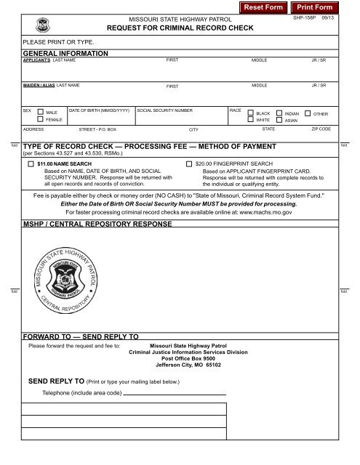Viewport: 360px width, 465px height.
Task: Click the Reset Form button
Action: (263, 7)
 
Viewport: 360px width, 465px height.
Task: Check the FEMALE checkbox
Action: (39, 121)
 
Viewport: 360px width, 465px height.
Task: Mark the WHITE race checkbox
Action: (251, 121)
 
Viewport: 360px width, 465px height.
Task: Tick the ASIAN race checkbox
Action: (279, 121)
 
